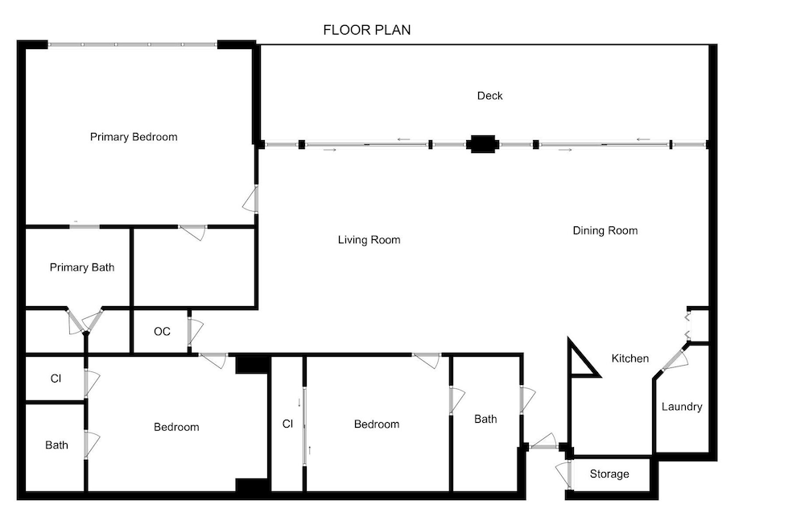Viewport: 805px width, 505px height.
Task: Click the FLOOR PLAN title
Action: coord(367,30)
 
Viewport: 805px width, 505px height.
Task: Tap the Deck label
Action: coord(489,96)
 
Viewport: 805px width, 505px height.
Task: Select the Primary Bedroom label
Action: coord(134,137)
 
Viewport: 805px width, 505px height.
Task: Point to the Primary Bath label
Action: coord(82,267)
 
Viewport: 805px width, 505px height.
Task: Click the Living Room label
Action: coord(369,240)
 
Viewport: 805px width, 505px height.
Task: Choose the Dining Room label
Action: coord(605,230)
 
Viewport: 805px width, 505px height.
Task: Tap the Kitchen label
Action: coord(630,358)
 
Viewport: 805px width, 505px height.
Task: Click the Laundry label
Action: coord(682,407)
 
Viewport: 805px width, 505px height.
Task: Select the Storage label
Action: coord(609,474)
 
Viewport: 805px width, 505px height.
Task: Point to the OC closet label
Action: coord(163,331)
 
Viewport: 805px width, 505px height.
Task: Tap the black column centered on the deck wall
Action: coord(482,144)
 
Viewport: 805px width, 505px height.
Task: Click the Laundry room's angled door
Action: coord(675,358)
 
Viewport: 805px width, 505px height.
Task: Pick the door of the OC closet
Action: coord(195,331)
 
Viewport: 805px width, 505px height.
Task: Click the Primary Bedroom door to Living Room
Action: coord(250,199)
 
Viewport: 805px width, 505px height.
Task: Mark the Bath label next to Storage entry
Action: coord(485,419)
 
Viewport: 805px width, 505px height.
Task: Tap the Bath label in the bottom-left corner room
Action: coord(56,445)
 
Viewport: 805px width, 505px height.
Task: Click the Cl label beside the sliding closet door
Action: coord(287,424)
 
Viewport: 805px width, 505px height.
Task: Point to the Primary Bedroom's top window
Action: coord(133,44)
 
